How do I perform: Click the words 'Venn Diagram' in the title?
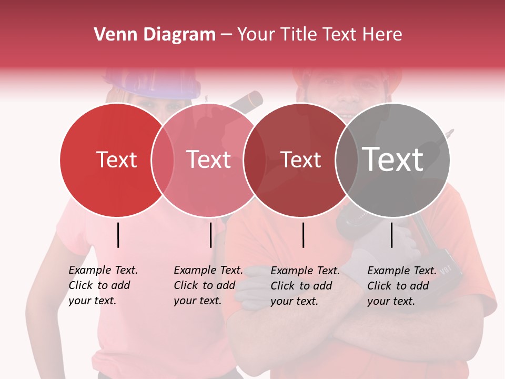pyautogui.click(x=155, y=35)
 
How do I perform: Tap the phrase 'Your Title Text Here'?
pyautogui.click(x=319, y=35)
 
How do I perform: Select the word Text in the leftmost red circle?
pyautogui.click(x=116, y=159)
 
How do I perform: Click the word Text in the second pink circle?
pyautogui.click(x=209, y=159)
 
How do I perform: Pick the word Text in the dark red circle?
pyautogui.click(x=300, y=159)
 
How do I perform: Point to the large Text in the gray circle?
pyautogui.click(x=393, y=159)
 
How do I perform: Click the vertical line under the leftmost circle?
pyautogui.click(x=118, y=235)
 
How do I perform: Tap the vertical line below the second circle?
pyautogui.click(x=210, y=235)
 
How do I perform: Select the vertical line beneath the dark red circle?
pyautogui.click(x=304, y=235)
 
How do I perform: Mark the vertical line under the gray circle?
pyautogui.click(x=392, y=235)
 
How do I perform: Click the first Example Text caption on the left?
pyautogui.click(x=103, y=285)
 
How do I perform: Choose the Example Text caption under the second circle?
pyautogui.click(x=208, y=285)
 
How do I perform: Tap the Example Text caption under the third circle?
pyautogui.click(x=305, y=286)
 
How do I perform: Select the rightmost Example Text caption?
pyautogui.click(x=402, y=286)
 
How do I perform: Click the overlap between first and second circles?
pyautogui.click(x=163, y=160)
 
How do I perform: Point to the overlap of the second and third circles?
pyautogui.click(x=255, y=160)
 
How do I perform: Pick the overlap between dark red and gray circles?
pyautogui.click(x=347, y=160)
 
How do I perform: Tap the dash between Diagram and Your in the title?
pyautogui.click(x=226, y=35)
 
